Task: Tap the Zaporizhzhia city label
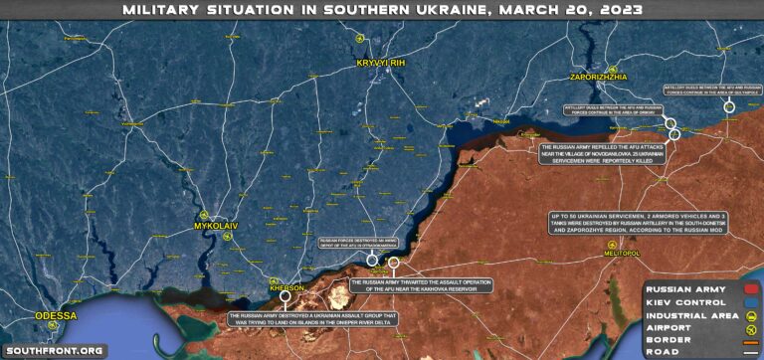click(597, 75)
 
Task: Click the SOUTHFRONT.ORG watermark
click(53, 350)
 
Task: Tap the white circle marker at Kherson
click(286, 297)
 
